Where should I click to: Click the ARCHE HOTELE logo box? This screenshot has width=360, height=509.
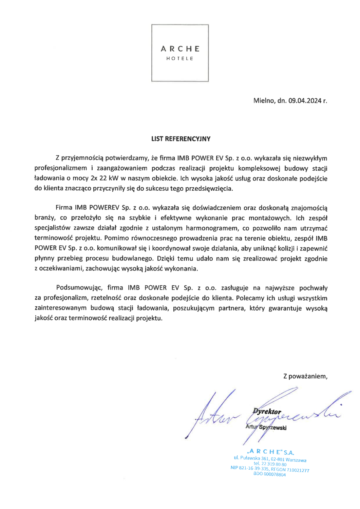tap(180, 53)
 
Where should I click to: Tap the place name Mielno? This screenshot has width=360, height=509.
tap(264, 101)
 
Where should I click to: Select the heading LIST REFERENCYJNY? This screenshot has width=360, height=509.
tap(181, 139)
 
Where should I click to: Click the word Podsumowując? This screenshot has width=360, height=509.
tap(79, 288)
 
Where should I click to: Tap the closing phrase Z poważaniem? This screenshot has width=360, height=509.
tap(305, 376)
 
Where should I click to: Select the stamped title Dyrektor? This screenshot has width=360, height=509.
tap(267, 412)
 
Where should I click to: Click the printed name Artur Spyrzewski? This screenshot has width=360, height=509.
tap(266, 427)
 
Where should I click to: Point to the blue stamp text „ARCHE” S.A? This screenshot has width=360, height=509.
tap(271, 452)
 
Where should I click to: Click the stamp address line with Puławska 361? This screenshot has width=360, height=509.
tap(270, 459)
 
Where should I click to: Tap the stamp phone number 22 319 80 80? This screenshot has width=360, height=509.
tap(270, 464)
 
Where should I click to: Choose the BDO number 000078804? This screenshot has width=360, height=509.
tap(269, 474)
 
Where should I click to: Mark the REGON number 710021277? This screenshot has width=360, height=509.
tap(298, 470)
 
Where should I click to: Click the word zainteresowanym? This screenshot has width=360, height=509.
tap(60, 308)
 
